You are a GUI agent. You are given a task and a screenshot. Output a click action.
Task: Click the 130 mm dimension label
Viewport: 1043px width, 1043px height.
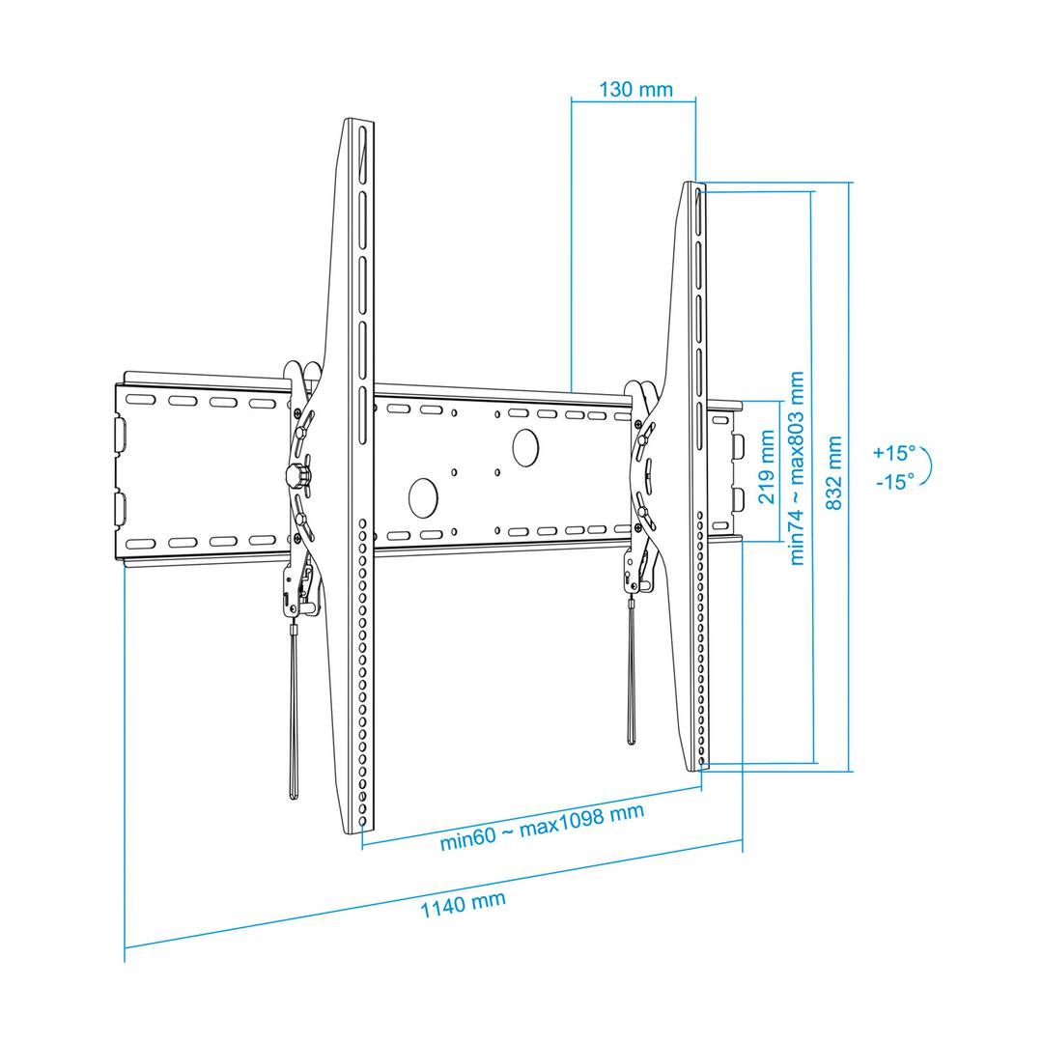[x=635, y=89]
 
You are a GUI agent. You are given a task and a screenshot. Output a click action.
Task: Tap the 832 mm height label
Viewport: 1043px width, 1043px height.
[x=833, y=473]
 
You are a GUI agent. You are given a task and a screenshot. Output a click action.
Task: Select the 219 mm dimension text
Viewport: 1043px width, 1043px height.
[x=766, y=466]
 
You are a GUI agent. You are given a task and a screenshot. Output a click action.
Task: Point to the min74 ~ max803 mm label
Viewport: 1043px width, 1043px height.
[x=796, y=468]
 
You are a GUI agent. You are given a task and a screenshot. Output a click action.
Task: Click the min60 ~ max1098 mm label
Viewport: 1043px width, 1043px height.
[x=542, y=827]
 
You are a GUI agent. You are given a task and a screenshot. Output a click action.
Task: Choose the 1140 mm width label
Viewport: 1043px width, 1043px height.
[x=463, y=904]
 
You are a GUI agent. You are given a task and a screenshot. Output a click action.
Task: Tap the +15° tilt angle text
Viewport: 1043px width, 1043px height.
[x=894, y=453]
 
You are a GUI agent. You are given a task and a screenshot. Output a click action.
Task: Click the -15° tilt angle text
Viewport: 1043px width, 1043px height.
[x=895, y=481]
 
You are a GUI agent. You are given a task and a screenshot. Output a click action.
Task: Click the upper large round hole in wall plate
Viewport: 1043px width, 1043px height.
[x=525, y=447]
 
